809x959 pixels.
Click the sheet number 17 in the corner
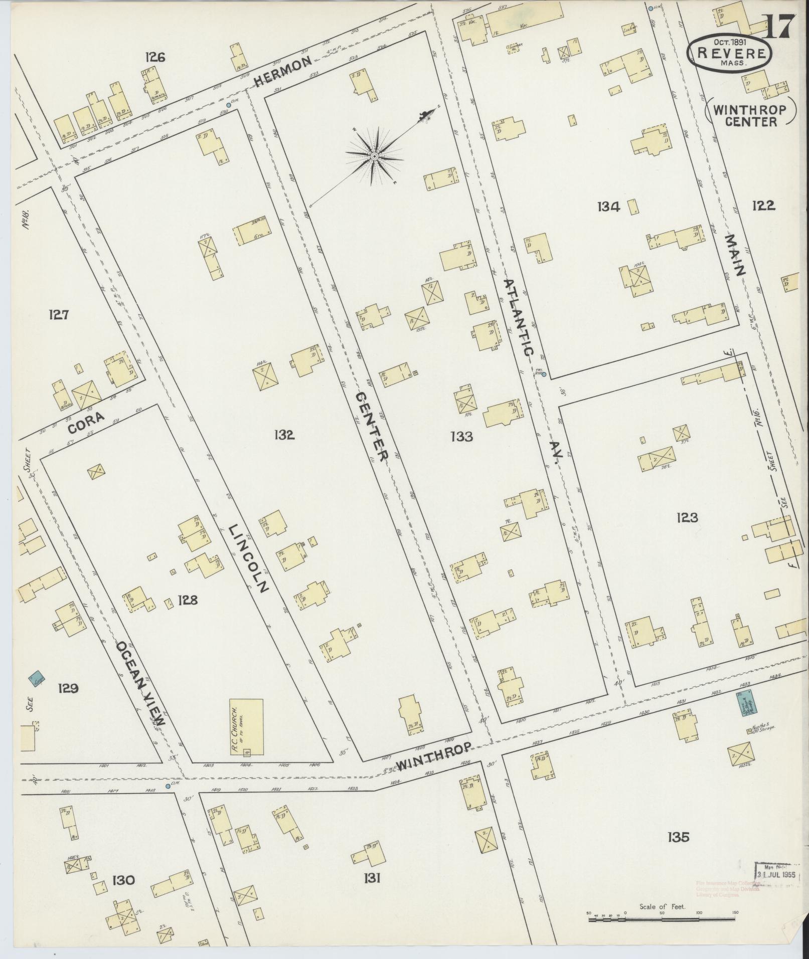point(780,26)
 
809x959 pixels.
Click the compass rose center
point(374,157)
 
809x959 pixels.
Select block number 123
point(687,517)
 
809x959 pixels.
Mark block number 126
point(155,57)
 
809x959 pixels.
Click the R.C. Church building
point(246,727)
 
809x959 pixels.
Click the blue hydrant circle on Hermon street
point(228,105)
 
